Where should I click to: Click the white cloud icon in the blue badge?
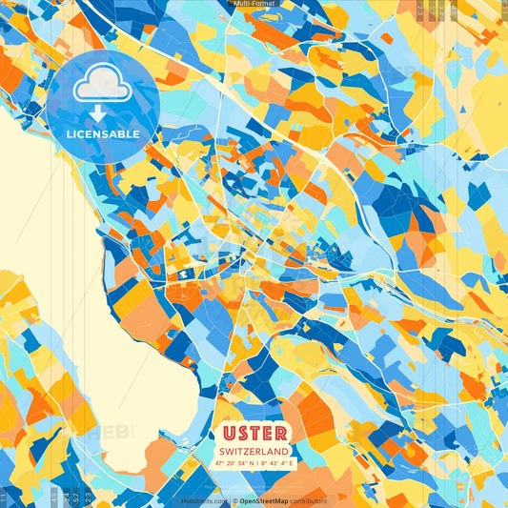click(102, 87)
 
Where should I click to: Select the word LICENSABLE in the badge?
click(102, 134)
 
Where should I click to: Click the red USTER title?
click(254, 433)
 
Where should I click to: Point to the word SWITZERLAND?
click(254, 451)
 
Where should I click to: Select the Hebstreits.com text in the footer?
click(203, 500)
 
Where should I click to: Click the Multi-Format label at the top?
click(254, 5)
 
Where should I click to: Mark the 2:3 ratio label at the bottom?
click(87, 497)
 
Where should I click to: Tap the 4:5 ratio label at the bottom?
click(53, 497)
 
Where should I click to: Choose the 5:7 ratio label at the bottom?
click(74, 497)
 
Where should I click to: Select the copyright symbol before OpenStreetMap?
click(233, 500)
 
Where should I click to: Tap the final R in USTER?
click(278, 433)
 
